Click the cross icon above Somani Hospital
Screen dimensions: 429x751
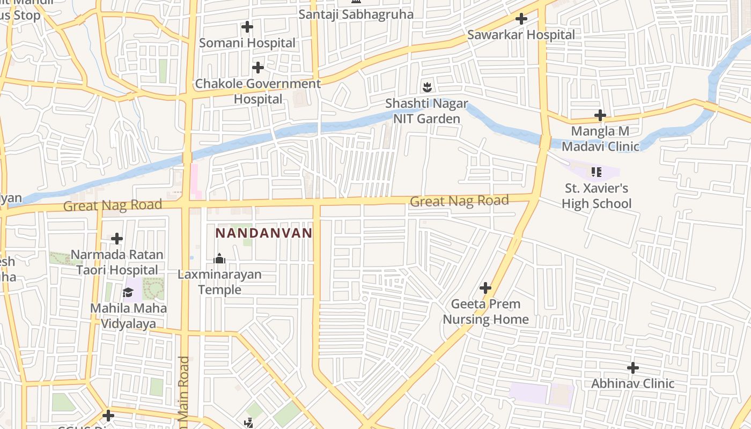[247, 26]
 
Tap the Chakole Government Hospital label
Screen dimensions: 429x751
[257, 91]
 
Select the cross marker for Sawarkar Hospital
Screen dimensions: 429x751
[521, 19]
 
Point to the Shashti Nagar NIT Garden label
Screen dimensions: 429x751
[427, 111]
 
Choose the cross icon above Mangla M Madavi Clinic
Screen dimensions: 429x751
[600, 115]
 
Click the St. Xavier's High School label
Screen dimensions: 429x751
[597, 196]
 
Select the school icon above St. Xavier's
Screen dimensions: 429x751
[596, 172]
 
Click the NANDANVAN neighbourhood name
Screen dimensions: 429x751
[263, 233]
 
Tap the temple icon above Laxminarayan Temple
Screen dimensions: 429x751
[219, 259]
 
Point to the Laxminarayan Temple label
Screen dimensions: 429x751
[220, 282]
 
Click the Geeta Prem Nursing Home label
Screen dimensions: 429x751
[485, 312]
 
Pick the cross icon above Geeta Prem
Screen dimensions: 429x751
[485, 288]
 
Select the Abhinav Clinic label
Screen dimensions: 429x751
[632, 383]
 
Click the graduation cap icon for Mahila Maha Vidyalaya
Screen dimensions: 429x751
[128, 292]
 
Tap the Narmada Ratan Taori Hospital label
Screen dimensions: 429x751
[117, 262]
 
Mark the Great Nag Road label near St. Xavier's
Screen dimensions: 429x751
[459, 202]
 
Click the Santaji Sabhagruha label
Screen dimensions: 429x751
[356, 14]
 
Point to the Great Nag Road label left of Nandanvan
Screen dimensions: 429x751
[113, 205]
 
